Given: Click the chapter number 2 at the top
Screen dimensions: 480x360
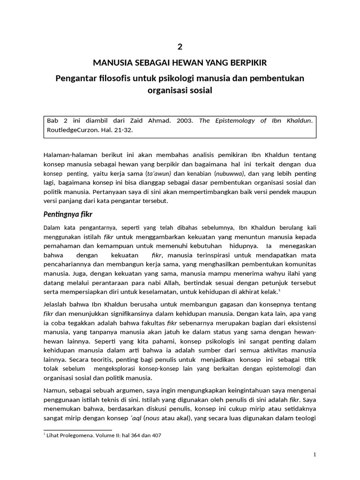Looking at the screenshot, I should (180, 46).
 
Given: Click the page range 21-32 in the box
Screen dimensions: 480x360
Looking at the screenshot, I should (123, 130).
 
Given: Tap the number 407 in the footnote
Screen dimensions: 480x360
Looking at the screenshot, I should (157, 435).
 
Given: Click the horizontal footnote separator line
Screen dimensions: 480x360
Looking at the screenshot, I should (78, 429).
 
